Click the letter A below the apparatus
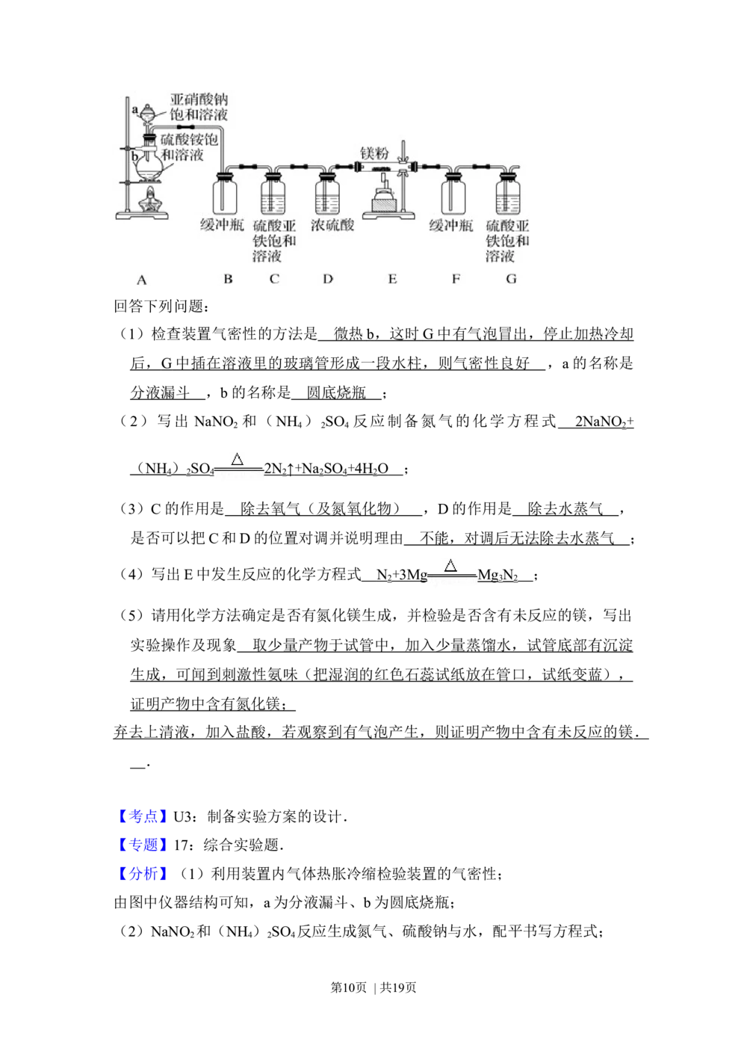point(142,280)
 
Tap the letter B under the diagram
point(228,279)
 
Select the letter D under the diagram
point(328,279)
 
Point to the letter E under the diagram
point(392,279)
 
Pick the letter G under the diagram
point(512,279)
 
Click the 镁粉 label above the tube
point(374,153)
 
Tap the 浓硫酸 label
point(332,225)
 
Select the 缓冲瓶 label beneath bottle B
point(222,225)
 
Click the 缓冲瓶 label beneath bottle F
point(450,225)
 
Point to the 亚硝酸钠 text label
point(199,100)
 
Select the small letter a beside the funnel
point(135,110)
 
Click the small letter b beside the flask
point(134,158)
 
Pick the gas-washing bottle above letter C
point(273,195)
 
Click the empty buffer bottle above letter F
point(452,195)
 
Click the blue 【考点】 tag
point(143,816)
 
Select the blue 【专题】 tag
point(143,845)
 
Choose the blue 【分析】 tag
point(143,874)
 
